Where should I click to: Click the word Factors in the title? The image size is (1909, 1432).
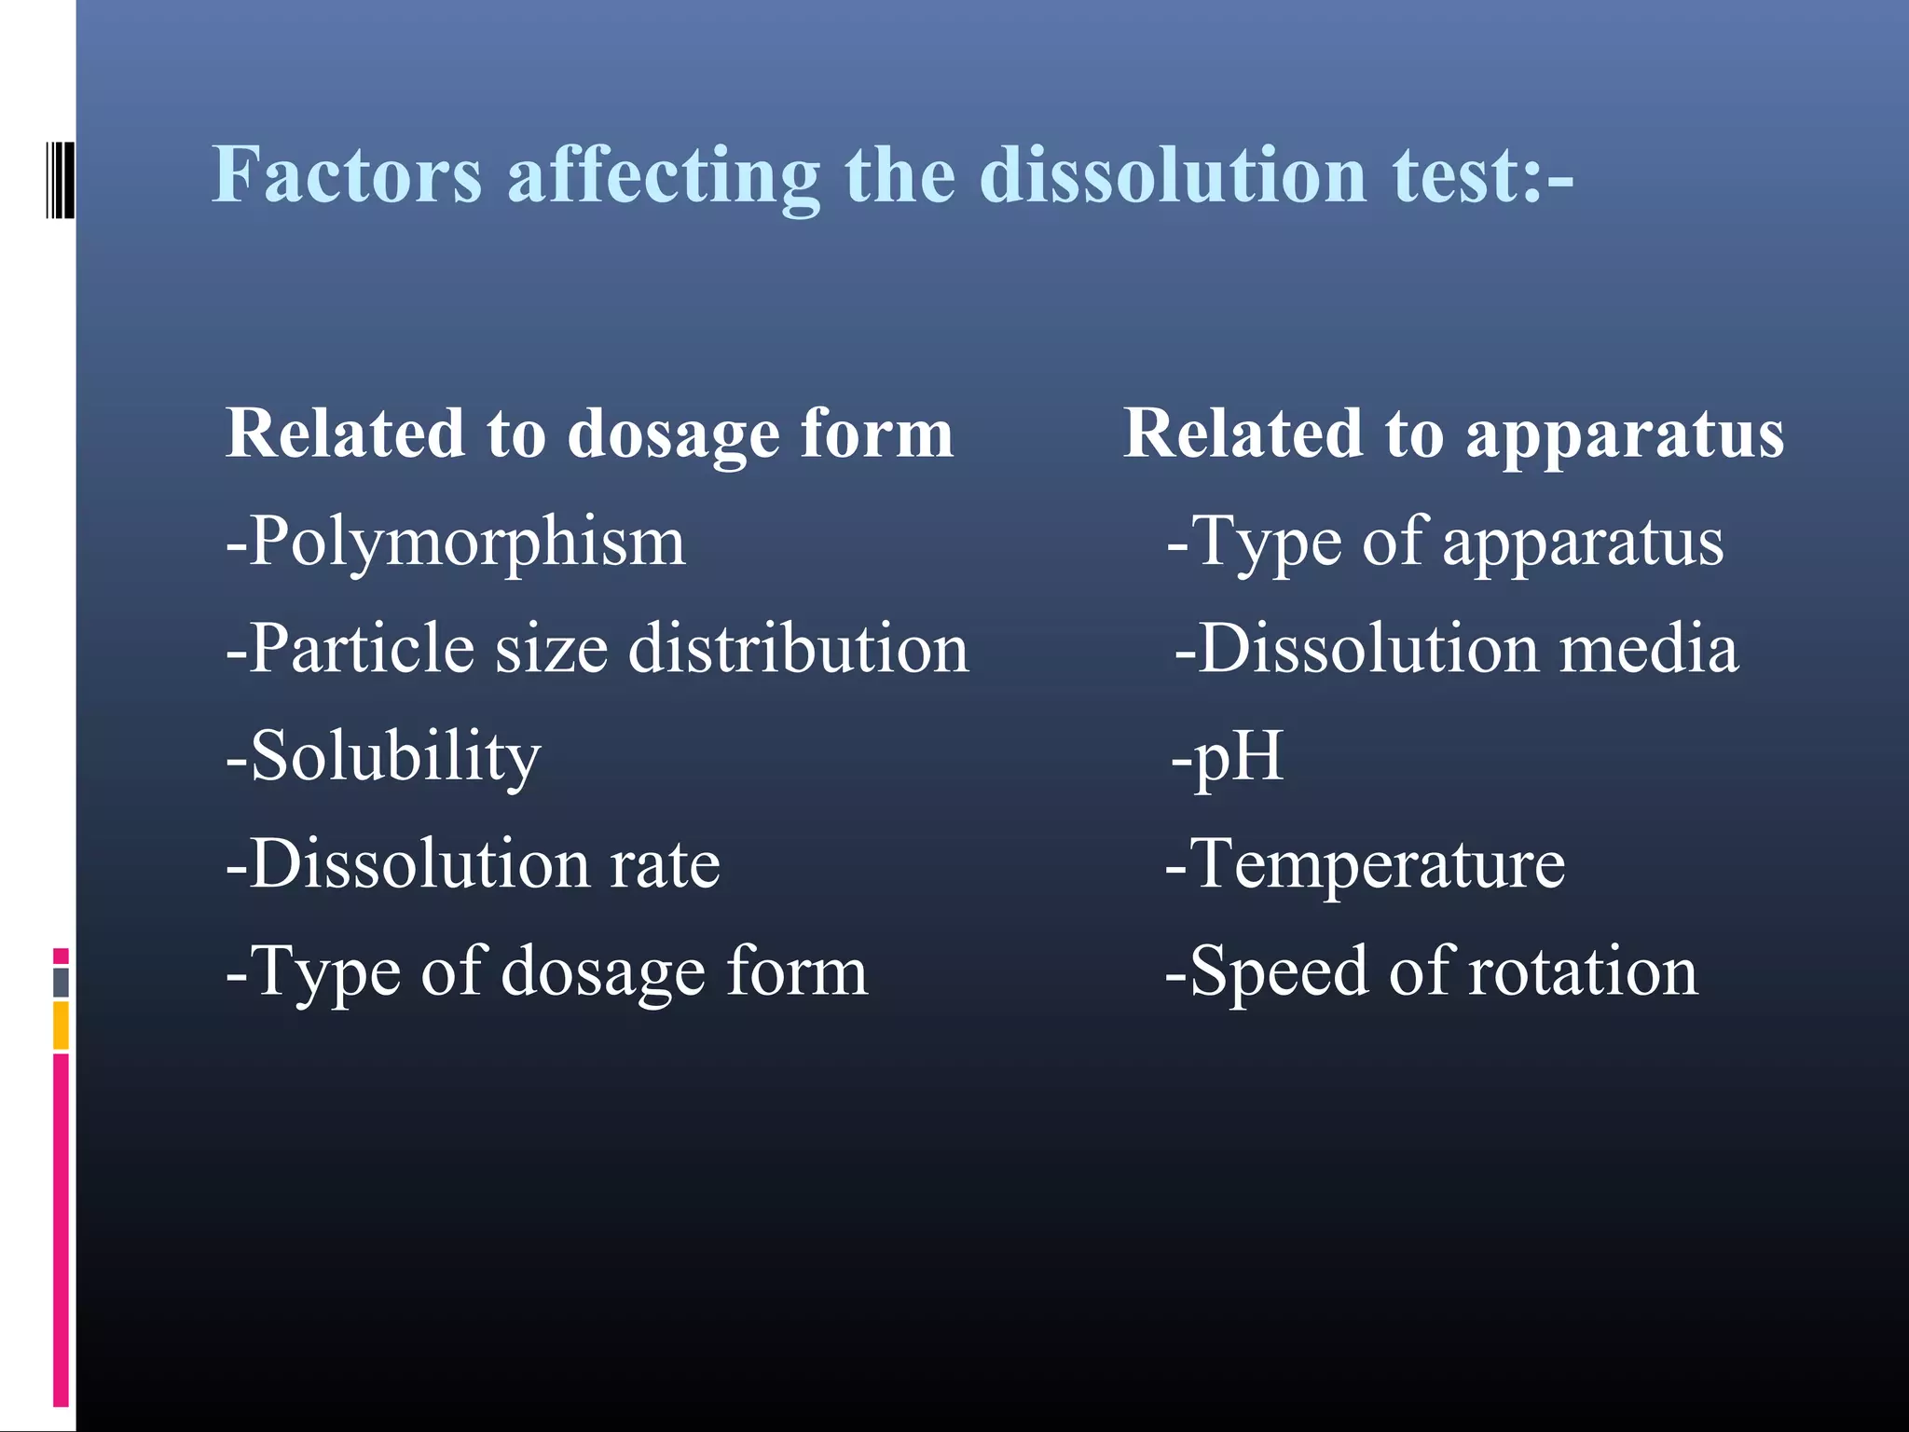(x=347, y=175)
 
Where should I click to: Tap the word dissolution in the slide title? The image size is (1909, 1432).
(x=1173, y=175)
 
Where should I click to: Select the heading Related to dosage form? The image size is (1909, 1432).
(x=589, y=434)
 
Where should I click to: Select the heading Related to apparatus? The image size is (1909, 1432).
(x=1453, y=434)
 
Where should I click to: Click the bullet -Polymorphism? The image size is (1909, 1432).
(x=456, y=543)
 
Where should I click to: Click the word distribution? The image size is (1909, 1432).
(x=799, y=649)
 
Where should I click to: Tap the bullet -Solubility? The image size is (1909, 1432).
(x=383, y=757)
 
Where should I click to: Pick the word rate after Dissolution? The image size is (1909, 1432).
(x=665, y=864)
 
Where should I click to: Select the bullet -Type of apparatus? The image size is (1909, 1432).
(x=1444, y=543)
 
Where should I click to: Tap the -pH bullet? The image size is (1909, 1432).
(x=1227, y=757)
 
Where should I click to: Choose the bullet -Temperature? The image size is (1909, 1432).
(x=1365, y=864)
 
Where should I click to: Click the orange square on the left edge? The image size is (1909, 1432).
(x=61, y=1026)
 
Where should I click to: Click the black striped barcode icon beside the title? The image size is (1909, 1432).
(x=60, y=180)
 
